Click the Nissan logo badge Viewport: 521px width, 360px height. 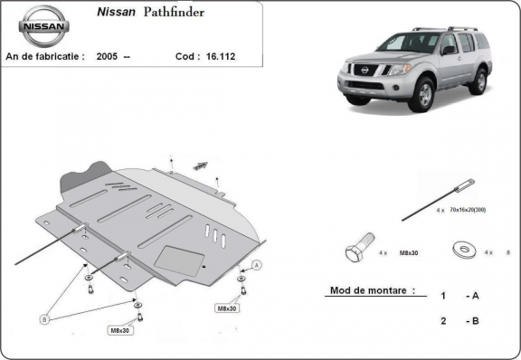click(x=43, y=27)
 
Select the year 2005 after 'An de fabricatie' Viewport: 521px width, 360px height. click(x=108, y=56)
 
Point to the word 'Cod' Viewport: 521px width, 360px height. click(x=185, y=56)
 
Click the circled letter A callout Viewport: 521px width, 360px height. click(x=256, y=265)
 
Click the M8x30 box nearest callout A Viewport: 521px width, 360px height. click(x=226, y=308)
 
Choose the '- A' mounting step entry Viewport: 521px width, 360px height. click(x=471, y=296)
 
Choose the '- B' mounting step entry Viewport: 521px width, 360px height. click(x=471, y=321)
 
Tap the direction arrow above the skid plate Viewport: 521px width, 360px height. click(x=200, y=166)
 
